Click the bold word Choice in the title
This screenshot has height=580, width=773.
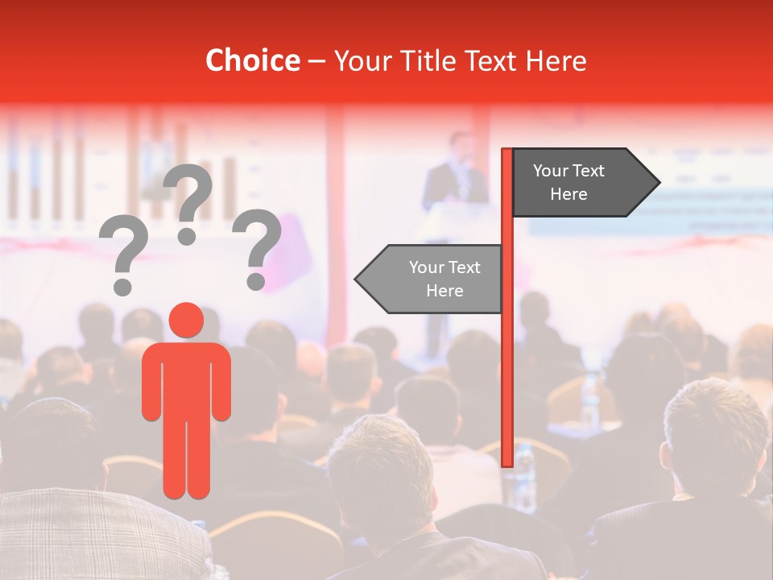252,60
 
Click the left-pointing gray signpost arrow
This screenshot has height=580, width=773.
430,279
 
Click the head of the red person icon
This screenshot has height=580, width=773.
187,321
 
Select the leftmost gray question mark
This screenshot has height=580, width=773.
123,256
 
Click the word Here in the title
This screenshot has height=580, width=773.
556,60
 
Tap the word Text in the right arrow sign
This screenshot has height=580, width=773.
590,171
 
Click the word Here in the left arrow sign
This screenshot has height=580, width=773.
444,291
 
